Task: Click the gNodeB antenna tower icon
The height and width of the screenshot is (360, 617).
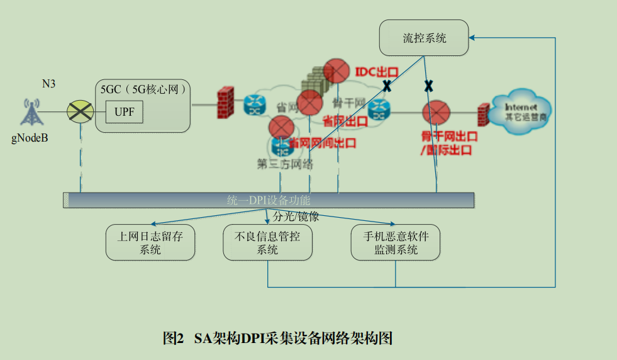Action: coord(30,112)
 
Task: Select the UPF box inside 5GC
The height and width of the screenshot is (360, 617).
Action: coord(125,113)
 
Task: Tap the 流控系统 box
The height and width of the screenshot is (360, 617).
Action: coord(424,38)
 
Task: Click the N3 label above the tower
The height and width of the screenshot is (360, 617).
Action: coord(48,84)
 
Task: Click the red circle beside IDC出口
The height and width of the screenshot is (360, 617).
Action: coord(336,70)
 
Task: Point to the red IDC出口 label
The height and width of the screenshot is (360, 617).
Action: coord(377,72)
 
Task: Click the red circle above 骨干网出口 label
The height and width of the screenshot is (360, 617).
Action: coord(435,114)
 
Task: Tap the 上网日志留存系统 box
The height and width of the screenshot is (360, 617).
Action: coord(150,243)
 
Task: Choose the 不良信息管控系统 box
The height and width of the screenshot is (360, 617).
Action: coord(267,243)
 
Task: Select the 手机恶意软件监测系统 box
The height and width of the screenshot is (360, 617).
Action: coord(395,243)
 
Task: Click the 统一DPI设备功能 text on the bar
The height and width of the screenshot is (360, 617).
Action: coord(269,201)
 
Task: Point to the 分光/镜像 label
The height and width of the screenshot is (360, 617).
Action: coord(296,217)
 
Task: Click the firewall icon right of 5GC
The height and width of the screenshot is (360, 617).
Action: coord(225,103)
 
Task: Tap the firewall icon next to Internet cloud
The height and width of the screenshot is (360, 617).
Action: coord(482,115)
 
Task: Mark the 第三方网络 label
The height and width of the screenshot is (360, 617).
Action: coord(285,164)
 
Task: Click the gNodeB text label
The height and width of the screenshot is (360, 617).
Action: coord(29,138)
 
